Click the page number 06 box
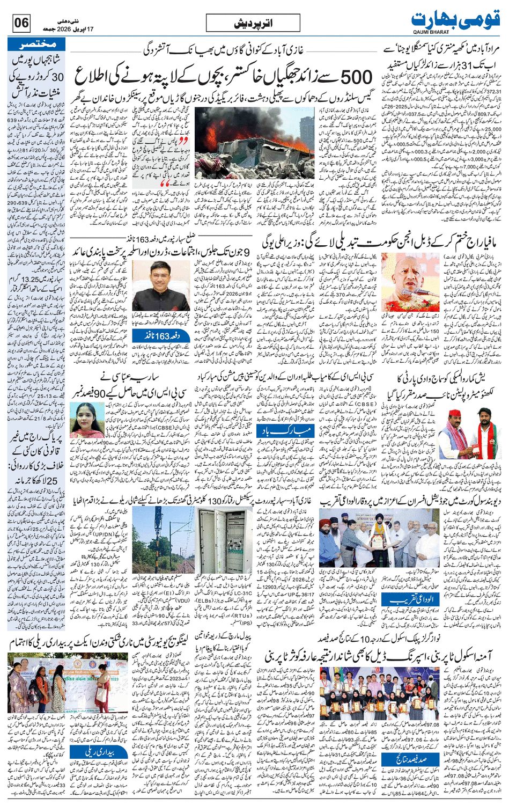(21, 24)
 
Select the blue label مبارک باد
(272, 431)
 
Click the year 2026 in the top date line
(60, 24)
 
